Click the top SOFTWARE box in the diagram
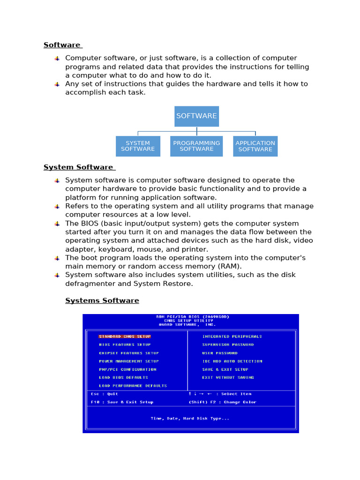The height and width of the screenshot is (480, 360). point(196,116)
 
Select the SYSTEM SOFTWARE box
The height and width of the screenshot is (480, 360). point(138,146)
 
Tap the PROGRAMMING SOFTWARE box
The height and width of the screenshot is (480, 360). point(196,146)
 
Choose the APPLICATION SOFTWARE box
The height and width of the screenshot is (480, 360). point(255,146)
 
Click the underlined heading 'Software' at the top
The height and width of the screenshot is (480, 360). point(62,45)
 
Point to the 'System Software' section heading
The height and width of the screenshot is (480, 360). point(78,167)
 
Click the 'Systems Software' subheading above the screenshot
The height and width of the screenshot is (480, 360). point(102,300)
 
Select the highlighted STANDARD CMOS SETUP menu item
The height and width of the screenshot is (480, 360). point(125,336)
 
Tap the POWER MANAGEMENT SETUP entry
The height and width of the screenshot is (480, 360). point(129,361)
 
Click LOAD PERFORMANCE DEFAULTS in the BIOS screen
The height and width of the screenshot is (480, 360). point(133,386)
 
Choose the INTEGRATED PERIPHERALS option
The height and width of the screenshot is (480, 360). point(232,336)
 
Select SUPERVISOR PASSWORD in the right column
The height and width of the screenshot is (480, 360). point(228,345)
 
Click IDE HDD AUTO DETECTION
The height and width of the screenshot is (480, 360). point(232,361)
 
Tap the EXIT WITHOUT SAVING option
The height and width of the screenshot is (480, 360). point(228,377)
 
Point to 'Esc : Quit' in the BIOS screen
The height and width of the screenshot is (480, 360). point(105,394)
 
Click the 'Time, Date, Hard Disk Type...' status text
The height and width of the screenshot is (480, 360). point(190,418)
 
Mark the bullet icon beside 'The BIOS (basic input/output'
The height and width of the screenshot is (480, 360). point(57,224)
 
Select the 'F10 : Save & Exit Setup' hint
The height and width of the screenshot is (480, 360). point(122,402)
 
